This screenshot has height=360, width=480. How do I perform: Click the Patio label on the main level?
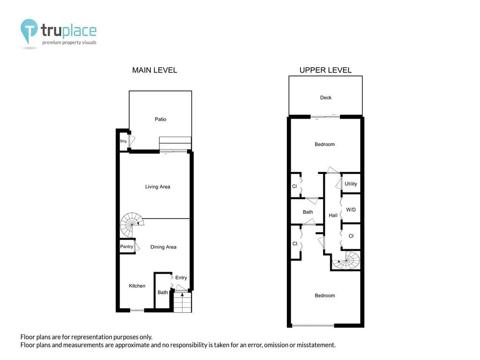[160, 119]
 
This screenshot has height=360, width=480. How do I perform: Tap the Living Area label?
[157, 187]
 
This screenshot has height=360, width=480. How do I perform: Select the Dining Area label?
[164, 247]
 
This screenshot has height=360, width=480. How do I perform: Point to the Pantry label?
[127, 247]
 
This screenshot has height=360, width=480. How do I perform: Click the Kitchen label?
[137, 285]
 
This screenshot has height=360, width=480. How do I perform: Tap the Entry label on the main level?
[181, 277]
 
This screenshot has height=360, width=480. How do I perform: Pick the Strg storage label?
[123, 141]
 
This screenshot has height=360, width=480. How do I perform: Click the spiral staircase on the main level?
[132, 225]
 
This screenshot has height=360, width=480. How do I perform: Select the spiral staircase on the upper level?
[346, 261]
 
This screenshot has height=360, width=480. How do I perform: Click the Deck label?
[326, 97]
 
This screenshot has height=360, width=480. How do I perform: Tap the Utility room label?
[351, 184]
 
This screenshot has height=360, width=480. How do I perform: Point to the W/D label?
[351, 210]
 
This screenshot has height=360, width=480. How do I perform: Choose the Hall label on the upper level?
[333, 215]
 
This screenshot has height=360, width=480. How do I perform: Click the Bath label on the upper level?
[308, 212]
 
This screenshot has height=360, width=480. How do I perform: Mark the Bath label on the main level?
[163, 292]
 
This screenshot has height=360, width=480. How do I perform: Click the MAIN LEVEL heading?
[155, 70]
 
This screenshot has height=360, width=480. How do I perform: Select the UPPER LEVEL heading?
[325, 70]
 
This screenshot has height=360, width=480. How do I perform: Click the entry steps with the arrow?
[182, 302]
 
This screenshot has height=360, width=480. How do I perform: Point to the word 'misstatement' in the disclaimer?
[316, 345]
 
